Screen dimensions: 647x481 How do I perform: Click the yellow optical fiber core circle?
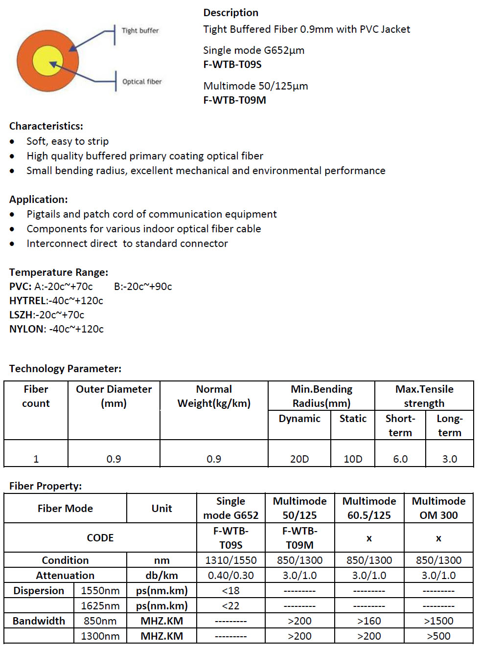[48, 61]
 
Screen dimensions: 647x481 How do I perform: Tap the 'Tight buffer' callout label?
[140, 30]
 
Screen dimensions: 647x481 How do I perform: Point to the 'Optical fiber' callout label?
[142, 82]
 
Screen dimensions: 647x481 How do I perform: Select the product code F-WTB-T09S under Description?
[232, 65]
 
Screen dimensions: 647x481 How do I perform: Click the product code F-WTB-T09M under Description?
[234, 100]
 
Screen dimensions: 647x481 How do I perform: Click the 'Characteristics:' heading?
[46, 126]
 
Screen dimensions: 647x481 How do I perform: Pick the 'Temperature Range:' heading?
[59, 272]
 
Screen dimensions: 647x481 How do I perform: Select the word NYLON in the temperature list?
[27, 329]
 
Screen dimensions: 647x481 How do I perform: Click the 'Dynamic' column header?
[299, 419]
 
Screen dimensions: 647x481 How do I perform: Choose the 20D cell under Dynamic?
[299, 459]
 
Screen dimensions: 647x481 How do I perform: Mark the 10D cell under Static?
[353, 459]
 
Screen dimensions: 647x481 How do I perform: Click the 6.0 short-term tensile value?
[400, 459]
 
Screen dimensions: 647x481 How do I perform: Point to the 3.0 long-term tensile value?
[450, 459]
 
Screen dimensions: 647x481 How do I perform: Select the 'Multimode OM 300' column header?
[438, 508]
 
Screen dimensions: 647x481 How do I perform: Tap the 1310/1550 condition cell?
[230, 560]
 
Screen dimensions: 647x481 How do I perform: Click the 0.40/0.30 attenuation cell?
[230, 576]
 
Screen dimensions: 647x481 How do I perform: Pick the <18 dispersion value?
[230, 591]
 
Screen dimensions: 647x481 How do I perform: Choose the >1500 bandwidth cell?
[438, 621]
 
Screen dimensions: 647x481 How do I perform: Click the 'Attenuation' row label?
[65, 576]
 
